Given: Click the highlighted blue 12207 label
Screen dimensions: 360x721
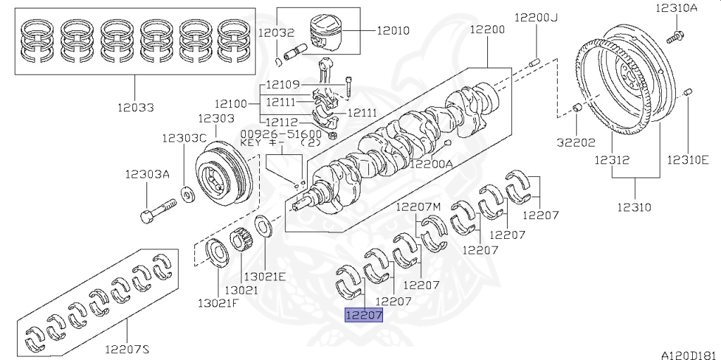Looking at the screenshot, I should pos(363,316).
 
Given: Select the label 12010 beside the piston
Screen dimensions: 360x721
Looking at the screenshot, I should pos(393,30).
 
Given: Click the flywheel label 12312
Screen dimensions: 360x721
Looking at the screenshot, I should pos(610,160).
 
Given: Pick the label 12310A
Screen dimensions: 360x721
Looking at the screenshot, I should pos(676,8).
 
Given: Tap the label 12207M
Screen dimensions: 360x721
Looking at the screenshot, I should pos(418,206).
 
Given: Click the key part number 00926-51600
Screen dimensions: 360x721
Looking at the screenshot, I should pos(281,133).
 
